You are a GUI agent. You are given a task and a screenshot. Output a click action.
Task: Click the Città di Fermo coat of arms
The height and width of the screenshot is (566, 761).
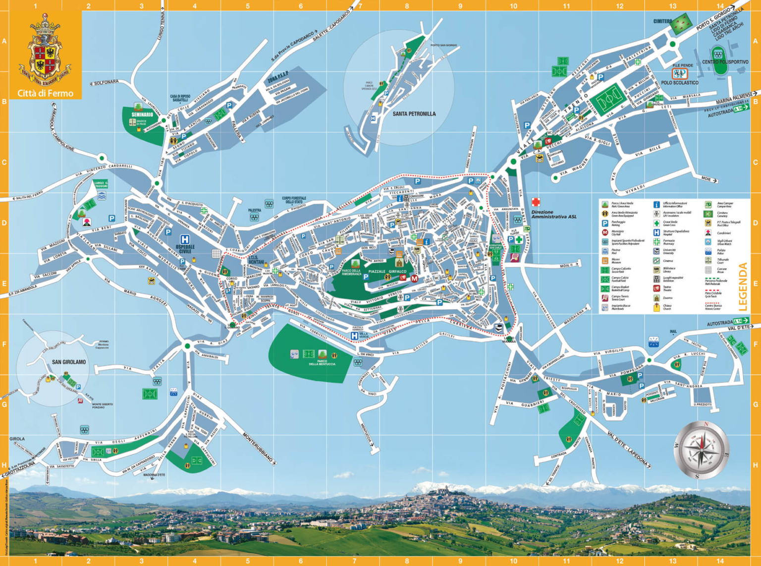[x=46, y=51]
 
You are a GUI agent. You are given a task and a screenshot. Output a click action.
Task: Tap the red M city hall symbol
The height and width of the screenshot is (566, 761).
[x=414, y=279]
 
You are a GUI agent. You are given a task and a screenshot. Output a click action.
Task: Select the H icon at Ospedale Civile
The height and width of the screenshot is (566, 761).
[x=185, y=239]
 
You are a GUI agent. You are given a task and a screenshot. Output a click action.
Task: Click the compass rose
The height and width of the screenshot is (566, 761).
[x=701, y=450]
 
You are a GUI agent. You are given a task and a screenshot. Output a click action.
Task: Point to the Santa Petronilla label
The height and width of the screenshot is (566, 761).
[x=414, y=114]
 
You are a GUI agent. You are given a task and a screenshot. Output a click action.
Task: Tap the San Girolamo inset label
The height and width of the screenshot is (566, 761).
[x=69, y=362]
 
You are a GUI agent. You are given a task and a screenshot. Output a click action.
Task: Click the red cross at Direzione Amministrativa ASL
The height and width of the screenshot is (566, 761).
[x=536, y=202]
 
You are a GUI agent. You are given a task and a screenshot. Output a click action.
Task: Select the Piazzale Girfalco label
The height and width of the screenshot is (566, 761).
[x=387, y=272]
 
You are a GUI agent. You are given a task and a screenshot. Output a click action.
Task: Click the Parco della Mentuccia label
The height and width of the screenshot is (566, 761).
[x=322, y=363]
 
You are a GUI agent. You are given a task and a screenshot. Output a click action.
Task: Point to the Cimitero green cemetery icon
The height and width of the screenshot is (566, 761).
[x=682, y=23]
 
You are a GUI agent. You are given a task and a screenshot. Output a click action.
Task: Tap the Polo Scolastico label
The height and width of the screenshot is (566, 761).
[x=679, y=83]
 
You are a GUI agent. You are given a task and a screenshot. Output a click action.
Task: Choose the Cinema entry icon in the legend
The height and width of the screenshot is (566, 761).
[x=656, y=261]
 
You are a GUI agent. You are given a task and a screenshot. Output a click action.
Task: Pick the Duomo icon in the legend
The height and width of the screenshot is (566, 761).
[x=656, y=298]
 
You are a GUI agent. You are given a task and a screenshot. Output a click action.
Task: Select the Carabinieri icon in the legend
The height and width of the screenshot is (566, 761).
[x=708, y=232]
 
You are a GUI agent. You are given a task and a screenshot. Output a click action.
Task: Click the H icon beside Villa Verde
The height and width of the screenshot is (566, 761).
[x=354, y=336]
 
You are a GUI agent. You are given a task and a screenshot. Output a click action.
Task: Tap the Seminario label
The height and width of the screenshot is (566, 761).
[x=142, y=114]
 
